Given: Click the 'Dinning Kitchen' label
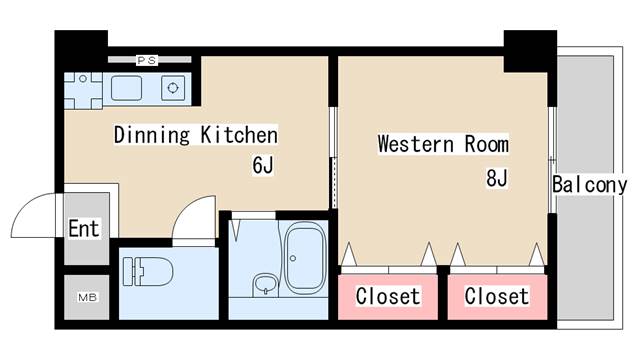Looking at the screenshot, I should (194, 134).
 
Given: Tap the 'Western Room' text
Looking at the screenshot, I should (443, 144).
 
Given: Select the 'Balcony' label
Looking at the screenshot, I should (589, 185).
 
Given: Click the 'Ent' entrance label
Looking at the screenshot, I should (84, 229).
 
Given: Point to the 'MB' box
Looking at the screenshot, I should (87, 297).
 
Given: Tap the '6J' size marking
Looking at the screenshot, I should (262, 166).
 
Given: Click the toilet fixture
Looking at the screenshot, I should (147, 271).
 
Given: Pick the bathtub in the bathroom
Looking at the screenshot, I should (304, 257).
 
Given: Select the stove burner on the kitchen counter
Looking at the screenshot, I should (173, 89).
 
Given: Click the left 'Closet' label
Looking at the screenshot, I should (388, 297).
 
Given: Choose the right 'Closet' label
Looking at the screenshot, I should (496, 297).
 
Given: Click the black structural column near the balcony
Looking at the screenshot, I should (528, 50).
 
